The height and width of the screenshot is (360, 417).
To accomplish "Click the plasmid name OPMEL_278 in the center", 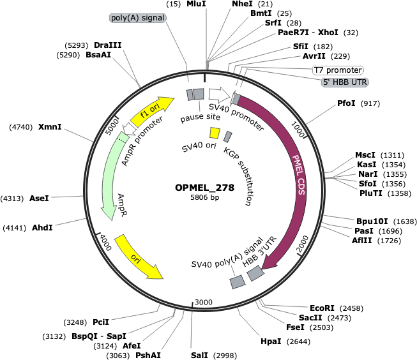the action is tap(204, 188).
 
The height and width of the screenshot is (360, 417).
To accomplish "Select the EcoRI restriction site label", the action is tap(322, 308).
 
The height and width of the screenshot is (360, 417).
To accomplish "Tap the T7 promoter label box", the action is tap(338, 70).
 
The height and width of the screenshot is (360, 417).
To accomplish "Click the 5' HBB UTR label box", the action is tap(345, 82).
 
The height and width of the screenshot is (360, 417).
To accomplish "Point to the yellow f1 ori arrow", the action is tap(152, 112).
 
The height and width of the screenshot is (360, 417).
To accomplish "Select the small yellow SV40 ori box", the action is tap(215, 133).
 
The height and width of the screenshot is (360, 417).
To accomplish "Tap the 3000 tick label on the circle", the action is tap(204, 302).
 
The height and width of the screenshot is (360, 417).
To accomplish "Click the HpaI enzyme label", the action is tap(271, 341).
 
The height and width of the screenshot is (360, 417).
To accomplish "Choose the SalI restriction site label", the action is tap(199, 355).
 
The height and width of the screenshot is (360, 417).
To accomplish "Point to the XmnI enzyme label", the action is tap(50, 126).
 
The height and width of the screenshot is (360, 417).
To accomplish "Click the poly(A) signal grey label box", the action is tap(138, 18).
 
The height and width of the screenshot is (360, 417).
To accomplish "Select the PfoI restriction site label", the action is tap(346, 103).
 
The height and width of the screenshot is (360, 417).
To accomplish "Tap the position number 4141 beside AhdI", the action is tap(14, 228).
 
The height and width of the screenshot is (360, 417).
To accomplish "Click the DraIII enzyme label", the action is tap(108, 45).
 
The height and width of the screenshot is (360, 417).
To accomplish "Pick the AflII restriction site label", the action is tap(362, 241).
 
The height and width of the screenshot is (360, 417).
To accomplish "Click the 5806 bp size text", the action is tap(205, 197).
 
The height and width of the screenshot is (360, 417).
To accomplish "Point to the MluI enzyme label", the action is tap(196, 4).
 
